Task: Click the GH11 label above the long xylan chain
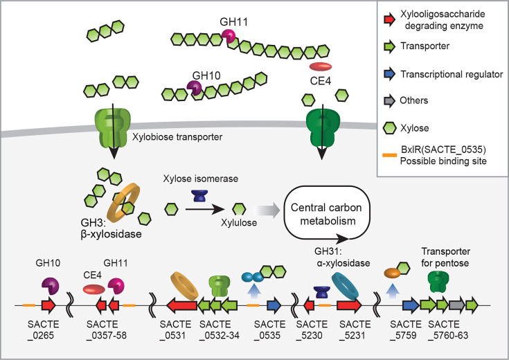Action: pos(233,21)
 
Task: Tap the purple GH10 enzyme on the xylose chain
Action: pos(195,87)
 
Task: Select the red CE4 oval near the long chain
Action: pos(321,67)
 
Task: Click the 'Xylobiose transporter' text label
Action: pos(177,136)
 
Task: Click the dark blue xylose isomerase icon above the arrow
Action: pos(199,196)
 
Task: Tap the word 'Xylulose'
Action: pos(239,223)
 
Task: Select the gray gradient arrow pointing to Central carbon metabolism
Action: pos(267,210)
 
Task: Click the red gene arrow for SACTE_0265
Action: pos(48,306)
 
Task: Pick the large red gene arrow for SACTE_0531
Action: pos(181,306)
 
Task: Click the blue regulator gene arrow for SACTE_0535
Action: pos(274,306)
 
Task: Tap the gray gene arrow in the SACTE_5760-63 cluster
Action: pos(457,306)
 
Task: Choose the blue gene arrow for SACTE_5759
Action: pos(411,306)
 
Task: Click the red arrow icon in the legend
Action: pos(389,19)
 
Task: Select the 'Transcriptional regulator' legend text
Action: pos(452,74)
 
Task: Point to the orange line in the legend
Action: pos(389,155)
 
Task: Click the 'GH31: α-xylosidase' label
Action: pos(342,257)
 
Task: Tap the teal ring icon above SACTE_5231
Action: pos(345,285)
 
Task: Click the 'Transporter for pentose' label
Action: pos(445,257)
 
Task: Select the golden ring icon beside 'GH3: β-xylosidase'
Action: pos(124,203)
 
